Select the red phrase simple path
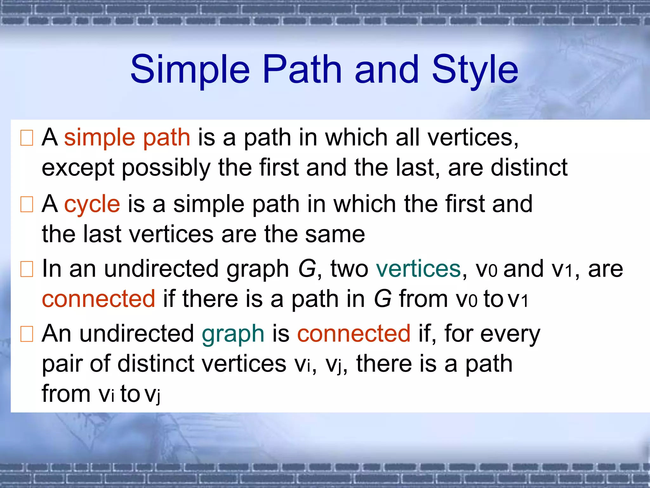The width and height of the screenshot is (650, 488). pos(127,138)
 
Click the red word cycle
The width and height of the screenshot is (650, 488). pos(92,204)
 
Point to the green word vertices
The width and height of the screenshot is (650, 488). pos(418,269)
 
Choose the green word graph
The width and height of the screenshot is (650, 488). pos(233,334)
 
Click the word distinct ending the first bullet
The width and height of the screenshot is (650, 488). pos(529,167)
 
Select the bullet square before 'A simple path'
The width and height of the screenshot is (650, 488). pos(27,138)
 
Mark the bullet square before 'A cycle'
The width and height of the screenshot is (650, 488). pos(27,204)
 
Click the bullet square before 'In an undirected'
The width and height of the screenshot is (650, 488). pos(27,269)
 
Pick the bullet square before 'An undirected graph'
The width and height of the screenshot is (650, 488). pos(27,334)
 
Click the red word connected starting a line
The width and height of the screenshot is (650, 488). pos(98,299)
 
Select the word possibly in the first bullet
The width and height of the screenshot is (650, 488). pos(166,168)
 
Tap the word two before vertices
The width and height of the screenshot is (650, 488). pos(349,269)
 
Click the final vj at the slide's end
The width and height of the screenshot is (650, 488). pos(152,395)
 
